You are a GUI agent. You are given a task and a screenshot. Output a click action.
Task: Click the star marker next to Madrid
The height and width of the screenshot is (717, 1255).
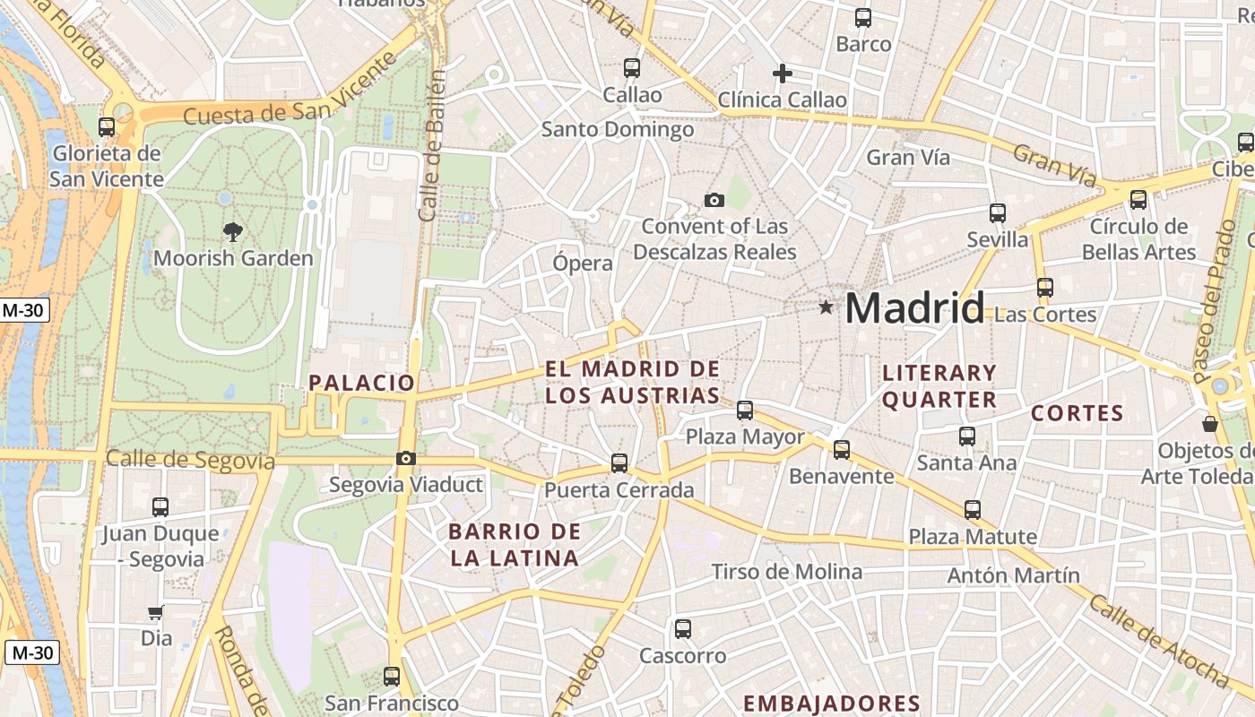[826, 307]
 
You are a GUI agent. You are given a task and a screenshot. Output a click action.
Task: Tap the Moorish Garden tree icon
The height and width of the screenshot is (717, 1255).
[233, 232]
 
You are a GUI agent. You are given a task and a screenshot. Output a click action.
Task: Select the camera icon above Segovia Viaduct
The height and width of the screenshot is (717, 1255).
[405, 459]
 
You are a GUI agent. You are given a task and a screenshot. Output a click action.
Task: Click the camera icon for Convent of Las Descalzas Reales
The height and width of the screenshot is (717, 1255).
[714, 200]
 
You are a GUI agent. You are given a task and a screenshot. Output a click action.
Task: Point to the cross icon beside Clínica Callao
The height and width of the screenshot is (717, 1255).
[783, 73]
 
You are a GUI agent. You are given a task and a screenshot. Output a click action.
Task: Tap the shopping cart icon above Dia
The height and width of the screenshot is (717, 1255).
[156, 613]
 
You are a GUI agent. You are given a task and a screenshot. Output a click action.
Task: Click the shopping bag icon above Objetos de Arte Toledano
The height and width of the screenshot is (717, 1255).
[1210, 424]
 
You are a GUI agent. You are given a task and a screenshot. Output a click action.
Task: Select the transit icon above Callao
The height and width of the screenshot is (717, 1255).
[632, 67]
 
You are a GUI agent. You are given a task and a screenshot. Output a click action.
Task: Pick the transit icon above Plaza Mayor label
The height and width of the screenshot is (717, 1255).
[745, 410]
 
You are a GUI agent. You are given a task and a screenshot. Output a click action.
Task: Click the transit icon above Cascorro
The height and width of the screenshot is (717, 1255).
[683, 629]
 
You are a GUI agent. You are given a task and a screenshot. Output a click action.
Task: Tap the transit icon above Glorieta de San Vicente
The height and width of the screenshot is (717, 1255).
[107, 127]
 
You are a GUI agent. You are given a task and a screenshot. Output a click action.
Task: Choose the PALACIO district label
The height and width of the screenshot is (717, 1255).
[362, 383]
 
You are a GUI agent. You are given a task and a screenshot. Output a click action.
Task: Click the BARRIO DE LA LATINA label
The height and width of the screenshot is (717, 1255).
[515, 545]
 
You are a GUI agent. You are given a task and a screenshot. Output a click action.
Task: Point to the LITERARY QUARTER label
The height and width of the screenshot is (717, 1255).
[939, 386]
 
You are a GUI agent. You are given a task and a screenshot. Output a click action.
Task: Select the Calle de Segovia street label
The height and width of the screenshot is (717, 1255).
[190, 460]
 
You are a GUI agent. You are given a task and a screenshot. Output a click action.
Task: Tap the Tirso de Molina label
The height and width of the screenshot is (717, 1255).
[787, 572]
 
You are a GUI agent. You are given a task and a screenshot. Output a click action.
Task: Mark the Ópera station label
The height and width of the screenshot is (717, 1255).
[583, 263]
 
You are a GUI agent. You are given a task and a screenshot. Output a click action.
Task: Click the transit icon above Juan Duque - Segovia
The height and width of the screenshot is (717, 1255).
[160, 507]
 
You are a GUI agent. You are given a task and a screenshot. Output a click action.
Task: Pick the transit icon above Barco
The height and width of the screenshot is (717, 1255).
[863, 17]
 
